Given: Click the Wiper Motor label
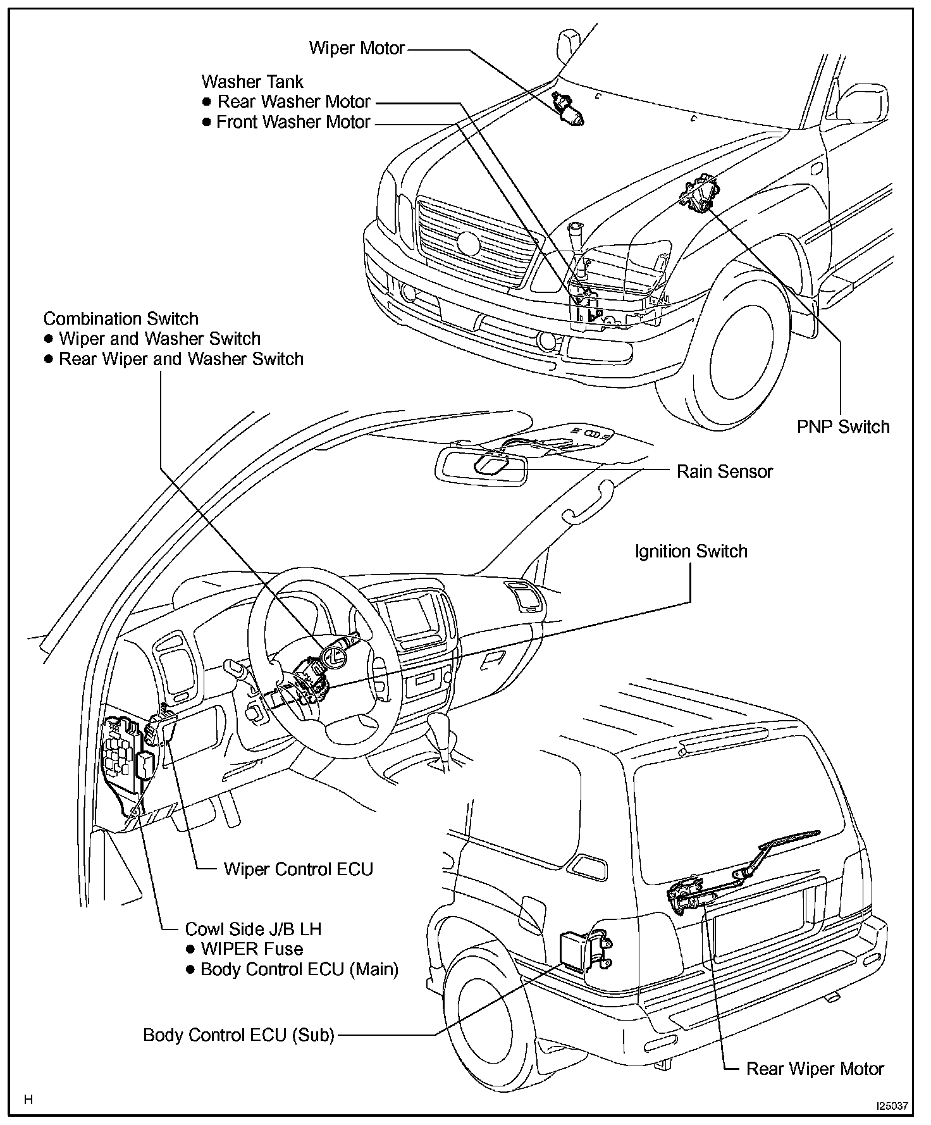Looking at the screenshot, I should (357, 48).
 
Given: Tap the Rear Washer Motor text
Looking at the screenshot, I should (293, 102).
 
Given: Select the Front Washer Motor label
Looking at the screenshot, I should (293, 122).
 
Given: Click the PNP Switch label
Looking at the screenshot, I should (843, 427).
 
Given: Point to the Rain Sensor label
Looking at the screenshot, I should (725, 471).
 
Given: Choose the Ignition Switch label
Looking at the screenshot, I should (691, 552).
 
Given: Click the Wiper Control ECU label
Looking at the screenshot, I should (298, 869).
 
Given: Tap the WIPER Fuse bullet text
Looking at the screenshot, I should (252, 949).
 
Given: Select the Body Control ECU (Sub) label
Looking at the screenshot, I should (238, 1035).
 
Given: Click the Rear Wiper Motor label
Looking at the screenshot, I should (815, 1069).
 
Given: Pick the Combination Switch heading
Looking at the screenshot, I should (121, 319).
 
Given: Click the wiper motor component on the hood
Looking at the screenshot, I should (568, 108).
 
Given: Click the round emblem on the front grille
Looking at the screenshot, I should (469, 243).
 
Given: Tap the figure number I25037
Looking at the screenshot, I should (892, 1106).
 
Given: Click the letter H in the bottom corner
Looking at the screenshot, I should (28, 1100).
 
